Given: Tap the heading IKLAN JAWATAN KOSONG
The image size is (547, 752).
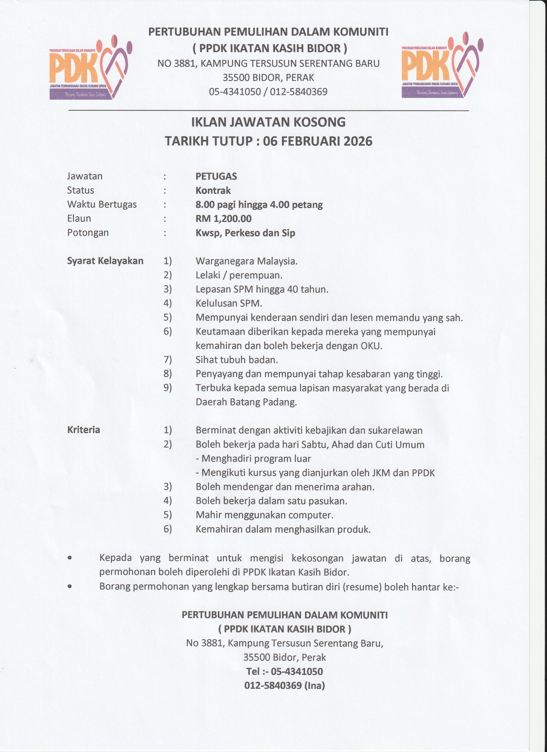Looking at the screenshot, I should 268,122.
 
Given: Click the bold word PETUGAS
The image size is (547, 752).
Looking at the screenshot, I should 216,176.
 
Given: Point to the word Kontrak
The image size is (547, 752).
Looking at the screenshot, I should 213,190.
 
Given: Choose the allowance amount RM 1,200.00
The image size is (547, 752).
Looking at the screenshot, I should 224,219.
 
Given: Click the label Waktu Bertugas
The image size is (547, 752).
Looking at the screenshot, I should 102,205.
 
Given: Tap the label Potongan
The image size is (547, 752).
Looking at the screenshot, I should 88,233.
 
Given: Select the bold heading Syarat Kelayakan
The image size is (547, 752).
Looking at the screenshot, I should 105,261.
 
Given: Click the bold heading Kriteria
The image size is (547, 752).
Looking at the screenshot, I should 84,430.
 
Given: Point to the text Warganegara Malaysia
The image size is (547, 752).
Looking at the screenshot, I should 246,261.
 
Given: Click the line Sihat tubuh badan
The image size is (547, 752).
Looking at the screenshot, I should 236,360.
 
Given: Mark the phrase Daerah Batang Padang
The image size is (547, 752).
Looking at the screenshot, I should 246,402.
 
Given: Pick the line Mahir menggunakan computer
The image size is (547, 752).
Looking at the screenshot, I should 264,515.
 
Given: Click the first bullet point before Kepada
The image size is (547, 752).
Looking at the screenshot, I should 70,558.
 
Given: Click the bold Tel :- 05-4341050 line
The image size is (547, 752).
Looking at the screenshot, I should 285,672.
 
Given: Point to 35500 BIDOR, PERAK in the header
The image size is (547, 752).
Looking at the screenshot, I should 268,78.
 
